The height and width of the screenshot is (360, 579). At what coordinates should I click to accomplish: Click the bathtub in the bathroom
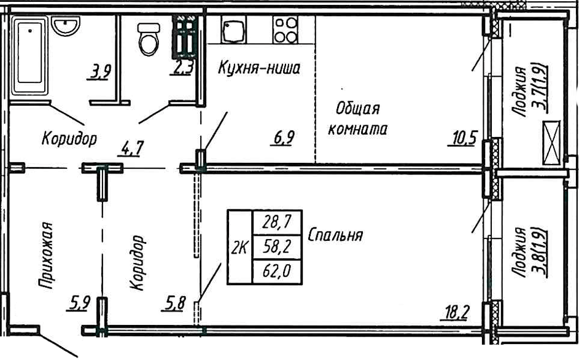[31, 53]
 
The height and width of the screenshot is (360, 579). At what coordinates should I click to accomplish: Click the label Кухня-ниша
[258, 68]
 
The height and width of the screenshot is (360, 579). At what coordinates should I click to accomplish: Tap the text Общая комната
[358, 119]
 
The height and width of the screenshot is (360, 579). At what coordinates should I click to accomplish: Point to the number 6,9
[283, 138]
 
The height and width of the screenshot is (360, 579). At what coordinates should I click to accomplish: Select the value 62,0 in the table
[278, 272]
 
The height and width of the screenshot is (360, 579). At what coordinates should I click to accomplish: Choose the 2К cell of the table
[239, 248]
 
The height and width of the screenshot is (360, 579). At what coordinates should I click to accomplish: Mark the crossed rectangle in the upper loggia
[551, 144]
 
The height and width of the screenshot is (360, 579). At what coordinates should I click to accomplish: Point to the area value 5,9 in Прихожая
[81, 302]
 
